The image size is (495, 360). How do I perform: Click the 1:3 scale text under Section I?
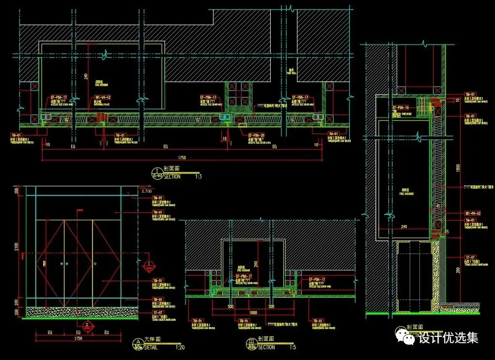click(x=199, y=177)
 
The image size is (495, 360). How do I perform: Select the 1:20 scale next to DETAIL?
click(x=179, y=346)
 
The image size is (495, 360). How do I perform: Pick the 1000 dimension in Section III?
click(x=254, y=313)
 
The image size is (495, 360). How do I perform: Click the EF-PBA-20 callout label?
click(x=256, y=135)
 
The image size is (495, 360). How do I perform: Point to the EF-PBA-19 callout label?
click(x=401, y=107)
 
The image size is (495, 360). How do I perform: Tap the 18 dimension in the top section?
click(x=224, y=139)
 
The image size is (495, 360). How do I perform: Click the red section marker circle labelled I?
click(x=150, y=264)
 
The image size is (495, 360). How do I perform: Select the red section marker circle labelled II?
click(x=87, y=325)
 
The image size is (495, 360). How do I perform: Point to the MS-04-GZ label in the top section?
click(x=102, y=97)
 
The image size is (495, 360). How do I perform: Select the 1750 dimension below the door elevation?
click(x=78, y=339)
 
